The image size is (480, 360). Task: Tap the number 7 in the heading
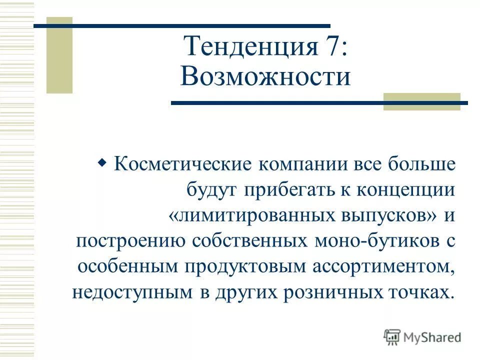click(x=330, y=47)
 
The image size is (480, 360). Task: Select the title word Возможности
click(x=265, y=77)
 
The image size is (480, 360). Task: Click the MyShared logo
click(x=422, y=337)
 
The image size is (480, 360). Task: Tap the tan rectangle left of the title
click(x=59, y=55)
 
